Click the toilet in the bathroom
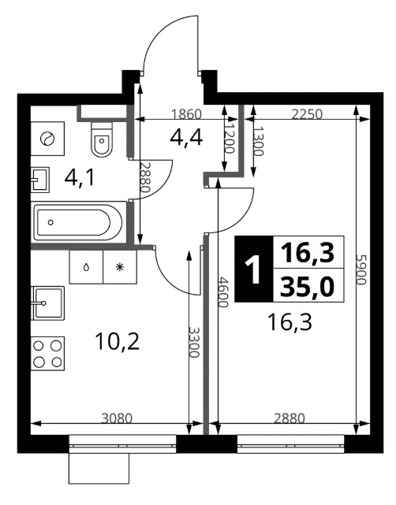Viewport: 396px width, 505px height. click(103, 139)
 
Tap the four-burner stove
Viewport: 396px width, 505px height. click(48, 354)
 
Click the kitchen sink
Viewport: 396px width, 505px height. click(48, 303)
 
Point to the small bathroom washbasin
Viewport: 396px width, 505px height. click(40, 180)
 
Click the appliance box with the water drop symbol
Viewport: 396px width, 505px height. click(86, 267)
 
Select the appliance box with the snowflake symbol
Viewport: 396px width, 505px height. click(120, 267)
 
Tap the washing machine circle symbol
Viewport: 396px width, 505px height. click(47, 139)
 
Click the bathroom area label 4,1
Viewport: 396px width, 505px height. click(80, 178)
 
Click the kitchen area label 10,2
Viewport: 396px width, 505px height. click(118, 342)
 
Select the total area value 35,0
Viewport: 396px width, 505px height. click(307, 288)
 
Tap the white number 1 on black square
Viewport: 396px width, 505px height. click(252, 269)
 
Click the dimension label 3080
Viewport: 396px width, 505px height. click(117, 418)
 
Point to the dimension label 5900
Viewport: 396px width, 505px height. click(361, 269)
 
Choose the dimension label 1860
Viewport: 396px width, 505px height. click(186, 114)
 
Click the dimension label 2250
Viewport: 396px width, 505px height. click(307, 114)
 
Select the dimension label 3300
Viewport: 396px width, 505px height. click(194, 343)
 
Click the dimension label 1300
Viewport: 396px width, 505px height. click(258, 141)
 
